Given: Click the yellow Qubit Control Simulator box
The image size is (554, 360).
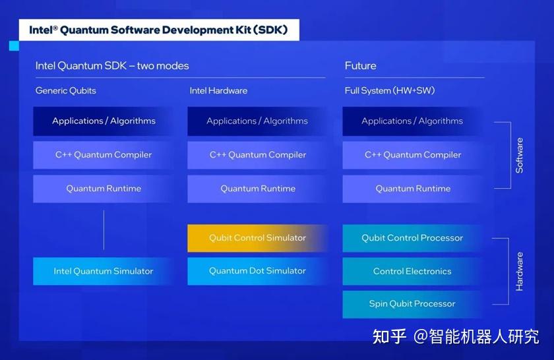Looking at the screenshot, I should pyautogui.click(x=257, y=238).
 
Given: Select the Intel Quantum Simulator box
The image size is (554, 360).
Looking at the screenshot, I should pyautogui.click(x=104, y=271).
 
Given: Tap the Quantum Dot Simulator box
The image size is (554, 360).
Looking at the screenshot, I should pyautogui.click(x=257, y=271).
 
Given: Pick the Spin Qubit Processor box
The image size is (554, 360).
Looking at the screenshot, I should pyautogui.click(x=412, y=304).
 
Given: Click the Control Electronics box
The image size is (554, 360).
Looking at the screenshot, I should pyautogui.click(x=412, y=271).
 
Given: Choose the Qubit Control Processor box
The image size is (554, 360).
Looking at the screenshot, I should pyautogui.click(x=412, y=238).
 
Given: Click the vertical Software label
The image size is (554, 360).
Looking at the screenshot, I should pyautogui.click(x=520, y=156).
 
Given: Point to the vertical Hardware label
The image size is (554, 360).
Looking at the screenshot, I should pyautogui.click(x=520, y=272).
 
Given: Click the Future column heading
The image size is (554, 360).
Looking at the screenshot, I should pyautogui.click(x=361, y=66).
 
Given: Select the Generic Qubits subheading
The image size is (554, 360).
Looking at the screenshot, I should pyautogui.click(x=66, y=90).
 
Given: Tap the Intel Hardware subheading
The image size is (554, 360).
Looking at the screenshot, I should pyautogui.click(x=218, y=90).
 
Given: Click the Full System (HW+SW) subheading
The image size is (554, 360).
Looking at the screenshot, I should pyautogui.click(x=390, y=90).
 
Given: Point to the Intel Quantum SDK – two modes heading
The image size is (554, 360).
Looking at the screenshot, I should pyautogui.click(x=112, y=66).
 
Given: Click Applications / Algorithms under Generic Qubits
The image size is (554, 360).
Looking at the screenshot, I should pyautogui.click(x=104, y=121).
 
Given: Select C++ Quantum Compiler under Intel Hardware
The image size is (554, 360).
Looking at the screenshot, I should pyautogui.click(x=257, y=155).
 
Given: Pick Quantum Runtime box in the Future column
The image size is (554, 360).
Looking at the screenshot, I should pyautogui.click(x=412, y=189).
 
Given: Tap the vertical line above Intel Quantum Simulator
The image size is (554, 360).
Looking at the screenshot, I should pyautogui.click(x=104, y=229).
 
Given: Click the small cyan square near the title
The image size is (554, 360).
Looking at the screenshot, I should pyautogui.click(x=14, y=45).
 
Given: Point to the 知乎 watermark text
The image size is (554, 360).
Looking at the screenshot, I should pyautogui.click(x=389, y=336).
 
